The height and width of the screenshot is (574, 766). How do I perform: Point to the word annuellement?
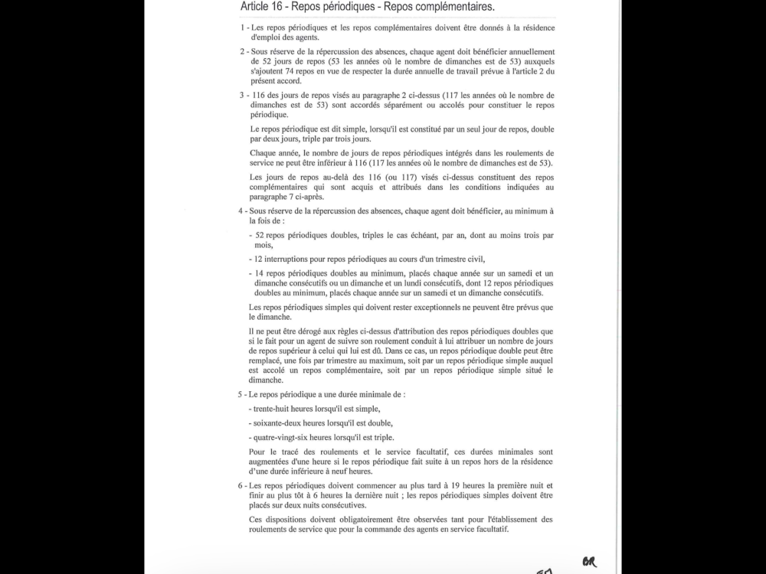pyautogui.click(x=530, y=52)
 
